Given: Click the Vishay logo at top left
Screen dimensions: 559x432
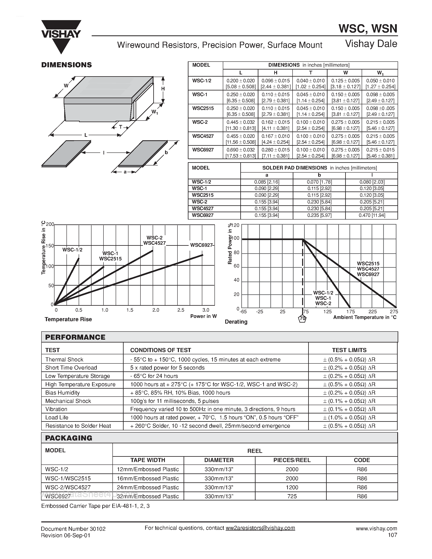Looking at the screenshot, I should pos(61,36).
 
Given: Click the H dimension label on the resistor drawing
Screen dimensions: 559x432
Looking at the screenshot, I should pos(163,89).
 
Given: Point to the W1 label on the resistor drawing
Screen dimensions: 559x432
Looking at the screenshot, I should pos(155,112).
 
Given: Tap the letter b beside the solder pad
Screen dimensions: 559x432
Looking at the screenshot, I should pos(166,152).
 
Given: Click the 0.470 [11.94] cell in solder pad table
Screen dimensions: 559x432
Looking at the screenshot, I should pos(372,215).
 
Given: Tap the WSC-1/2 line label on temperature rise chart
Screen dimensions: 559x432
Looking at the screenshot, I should pos(72,250).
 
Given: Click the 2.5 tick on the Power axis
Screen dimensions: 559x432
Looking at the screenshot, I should pos(181,310).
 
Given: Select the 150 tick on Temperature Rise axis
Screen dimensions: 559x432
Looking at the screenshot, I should pos(50,246).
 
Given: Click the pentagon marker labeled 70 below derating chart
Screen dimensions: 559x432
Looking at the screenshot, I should pos(303,319).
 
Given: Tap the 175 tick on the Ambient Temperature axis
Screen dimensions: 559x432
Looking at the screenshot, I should pos(350,311).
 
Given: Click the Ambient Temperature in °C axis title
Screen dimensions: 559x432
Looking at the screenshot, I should pos(365,317).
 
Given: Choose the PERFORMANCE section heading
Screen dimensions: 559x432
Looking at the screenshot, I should pos(75,337).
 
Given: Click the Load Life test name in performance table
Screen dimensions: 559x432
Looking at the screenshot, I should pos(57,418).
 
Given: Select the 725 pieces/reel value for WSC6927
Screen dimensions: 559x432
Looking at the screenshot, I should pos(292,496).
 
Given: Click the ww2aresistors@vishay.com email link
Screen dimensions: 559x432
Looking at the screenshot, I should pos(260,528).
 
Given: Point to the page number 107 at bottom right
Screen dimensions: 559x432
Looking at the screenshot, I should pos(392,535).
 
